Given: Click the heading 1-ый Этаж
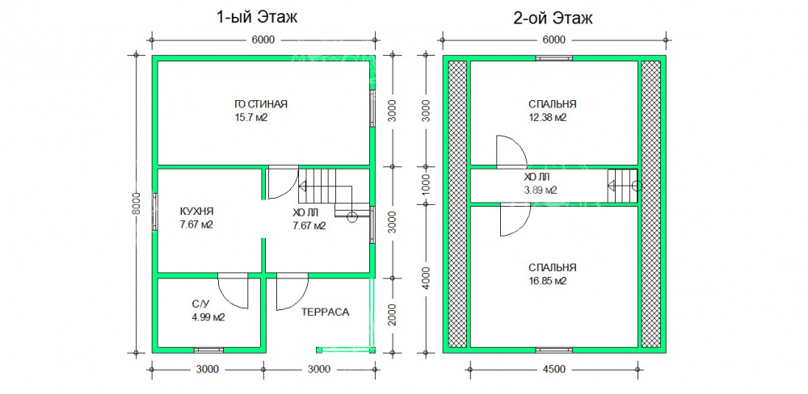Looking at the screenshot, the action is pos(257,18).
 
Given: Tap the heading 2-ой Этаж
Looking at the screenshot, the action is pos(553,18).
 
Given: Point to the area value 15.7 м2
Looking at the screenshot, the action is pos(250,118).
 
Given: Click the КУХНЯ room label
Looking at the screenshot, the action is pos(196,212).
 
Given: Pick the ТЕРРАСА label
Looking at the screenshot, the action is pos(325,312).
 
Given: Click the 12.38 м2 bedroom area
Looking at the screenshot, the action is pos(547,118).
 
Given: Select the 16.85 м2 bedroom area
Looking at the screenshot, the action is pos(547,281).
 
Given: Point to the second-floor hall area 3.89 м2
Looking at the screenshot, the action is pos(540,190).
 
